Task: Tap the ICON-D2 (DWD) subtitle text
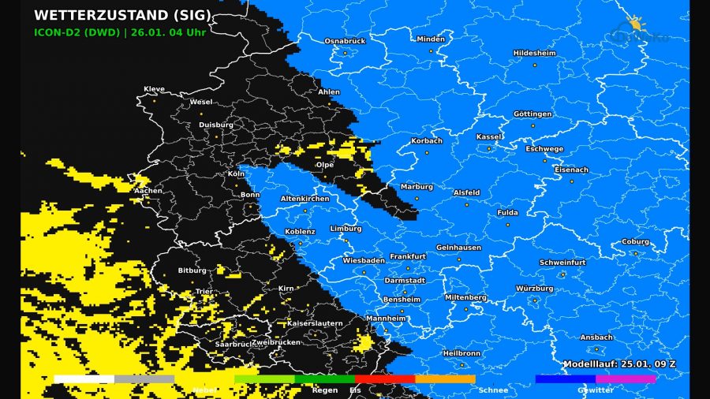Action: [77, 33]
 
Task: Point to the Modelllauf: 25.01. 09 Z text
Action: [618, 364]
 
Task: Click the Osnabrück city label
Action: [345, 40]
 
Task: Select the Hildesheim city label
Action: [534, 53]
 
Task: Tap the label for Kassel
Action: [488, 136]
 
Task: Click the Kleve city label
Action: [155, 89]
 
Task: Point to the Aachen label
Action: [148, 190]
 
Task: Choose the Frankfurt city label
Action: [407, 256]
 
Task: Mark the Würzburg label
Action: [534, 289]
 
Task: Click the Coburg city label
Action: [635, 242]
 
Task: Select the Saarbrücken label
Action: [234, 345]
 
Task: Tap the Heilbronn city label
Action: [461, 353]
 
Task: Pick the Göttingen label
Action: [532, 114]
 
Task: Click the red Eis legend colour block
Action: [385, 379]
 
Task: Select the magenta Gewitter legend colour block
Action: [626, 379]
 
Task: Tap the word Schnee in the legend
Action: [493, 390]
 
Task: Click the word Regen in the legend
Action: [324, 390]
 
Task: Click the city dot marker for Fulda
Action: [507, 225]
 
